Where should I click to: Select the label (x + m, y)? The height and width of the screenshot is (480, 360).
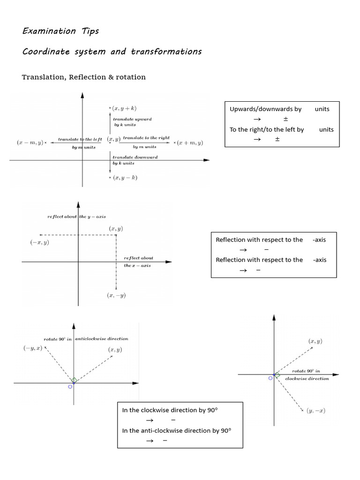click(x=189, y=142)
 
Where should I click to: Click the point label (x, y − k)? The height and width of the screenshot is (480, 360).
click(x=123, y=178)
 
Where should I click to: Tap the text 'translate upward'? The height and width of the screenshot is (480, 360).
click(x=132, y=120)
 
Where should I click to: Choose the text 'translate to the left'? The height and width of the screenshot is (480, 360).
click(x=79, y=139)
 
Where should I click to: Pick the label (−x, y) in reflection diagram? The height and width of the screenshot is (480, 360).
click(x=39, y=242)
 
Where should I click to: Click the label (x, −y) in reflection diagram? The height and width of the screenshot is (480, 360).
click(x=116, y=295)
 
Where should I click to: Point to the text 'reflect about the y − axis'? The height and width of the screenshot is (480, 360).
click(x=76, y=217)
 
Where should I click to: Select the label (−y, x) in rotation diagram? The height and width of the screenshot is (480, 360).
click(x=33, y=348)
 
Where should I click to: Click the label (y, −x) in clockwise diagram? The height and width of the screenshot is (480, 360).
click(x=316, y=411)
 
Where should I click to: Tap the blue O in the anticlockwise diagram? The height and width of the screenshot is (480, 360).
click(x=70, y=387)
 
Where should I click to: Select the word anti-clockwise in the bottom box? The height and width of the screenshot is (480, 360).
click(x=159, y=430)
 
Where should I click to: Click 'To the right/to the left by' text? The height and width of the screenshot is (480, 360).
click(x=267, y=130)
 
